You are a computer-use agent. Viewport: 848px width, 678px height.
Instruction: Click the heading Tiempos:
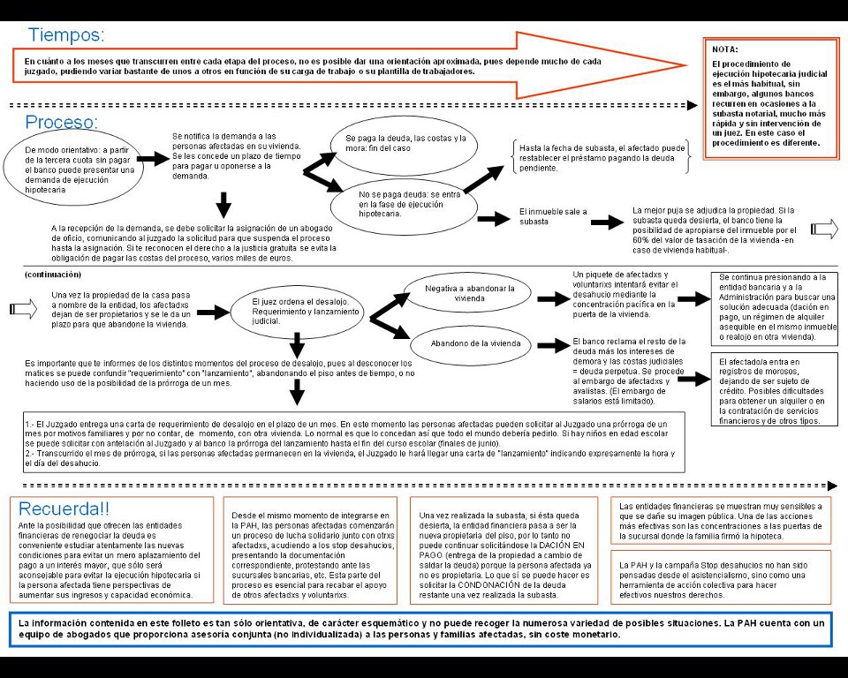click(66, 35)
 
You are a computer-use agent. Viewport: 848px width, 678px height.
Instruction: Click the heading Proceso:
click(61, 122)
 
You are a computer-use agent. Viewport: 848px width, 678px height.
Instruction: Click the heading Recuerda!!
click(64, 509)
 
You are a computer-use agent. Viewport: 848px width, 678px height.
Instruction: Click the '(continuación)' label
click(55, 275)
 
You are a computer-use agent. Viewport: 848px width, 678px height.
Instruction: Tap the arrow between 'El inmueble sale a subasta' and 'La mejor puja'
click(607, 222)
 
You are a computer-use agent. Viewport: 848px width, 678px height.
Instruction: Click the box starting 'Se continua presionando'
click(776, 306)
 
